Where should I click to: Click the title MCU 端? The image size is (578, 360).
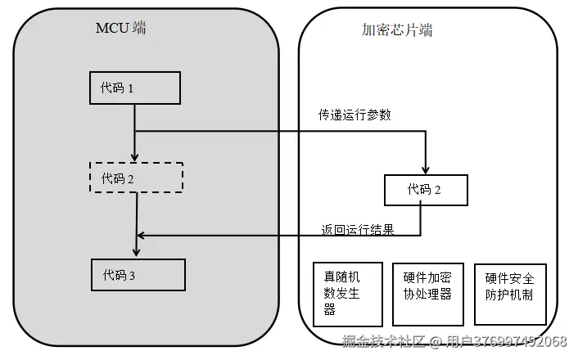121,29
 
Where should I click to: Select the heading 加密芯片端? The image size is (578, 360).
397,30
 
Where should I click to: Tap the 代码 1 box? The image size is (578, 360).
133,88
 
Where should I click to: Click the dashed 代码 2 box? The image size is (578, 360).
135,178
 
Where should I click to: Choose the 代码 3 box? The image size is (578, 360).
138,275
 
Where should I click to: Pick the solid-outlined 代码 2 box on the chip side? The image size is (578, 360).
426,190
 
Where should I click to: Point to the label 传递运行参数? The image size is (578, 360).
354,115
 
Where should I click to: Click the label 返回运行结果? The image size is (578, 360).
358,230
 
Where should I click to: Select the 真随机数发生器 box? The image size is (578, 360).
348,294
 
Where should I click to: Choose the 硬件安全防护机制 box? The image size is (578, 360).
509,294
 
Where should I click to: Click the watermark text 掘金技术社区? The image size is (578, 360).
384,342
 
